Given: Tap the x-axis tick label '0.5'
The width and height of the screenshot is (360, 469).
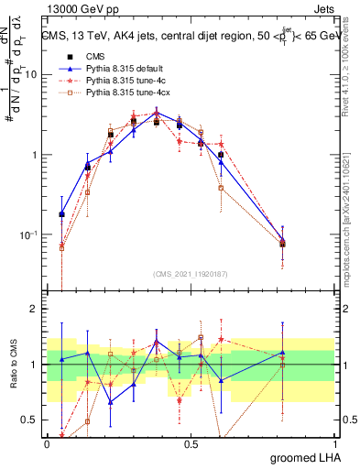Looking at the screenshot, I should (191, 442).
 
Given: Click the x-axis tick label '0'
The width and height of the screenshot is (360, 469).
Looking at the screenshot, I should (47, 442).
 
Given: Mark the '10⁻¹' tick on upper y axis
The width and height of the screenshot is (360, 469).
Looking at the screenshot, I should (29, 234).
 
